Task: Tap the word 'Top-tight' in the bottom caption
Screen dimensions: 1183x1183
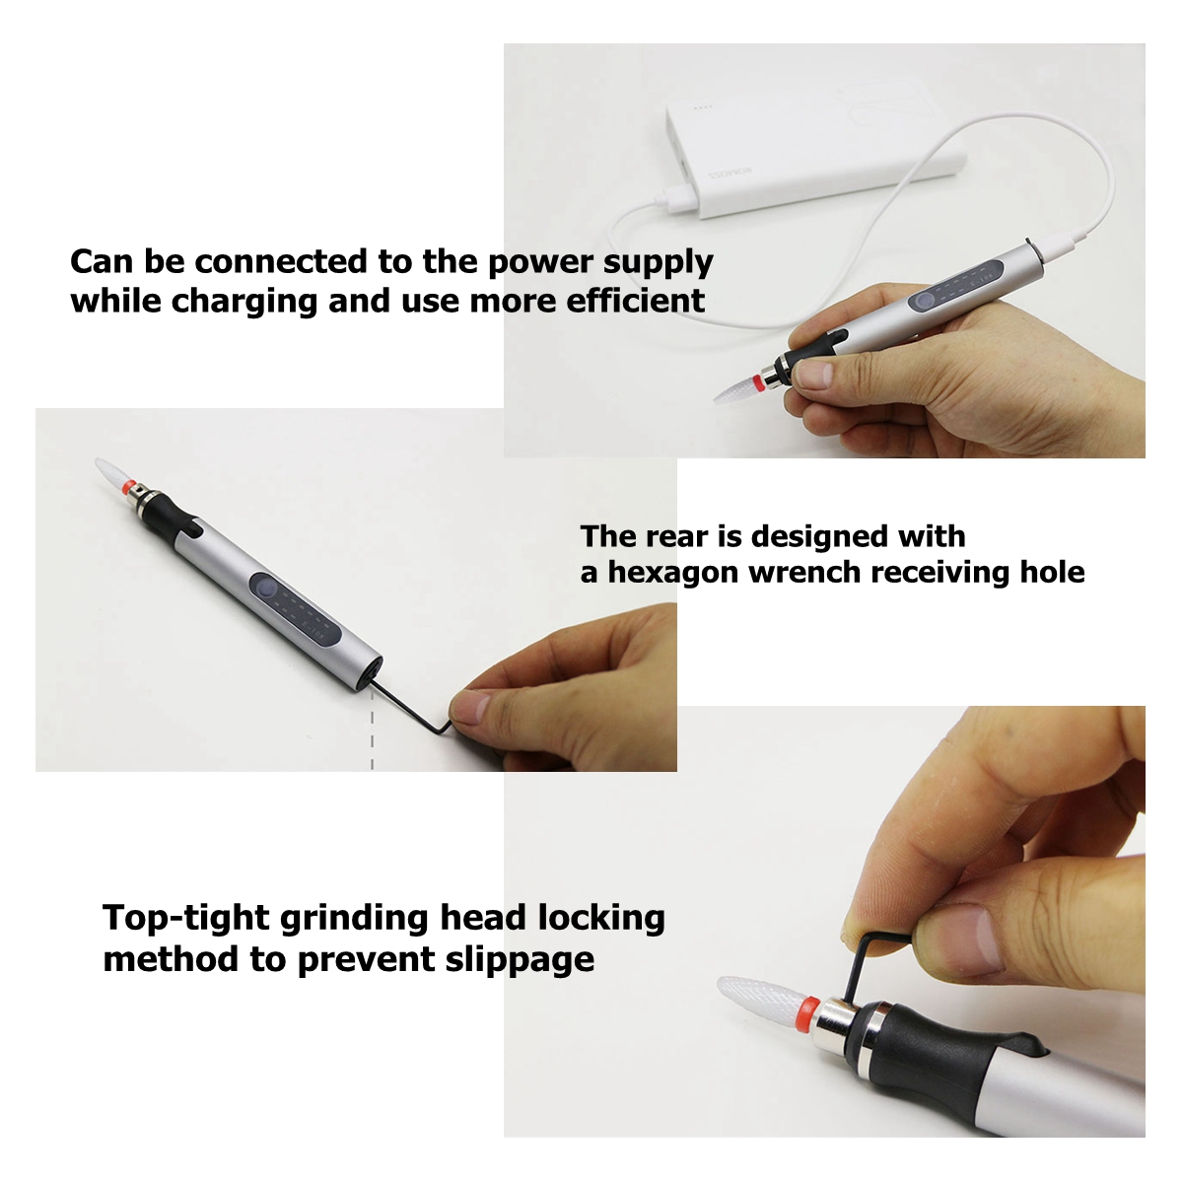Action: click(x=186, y=920)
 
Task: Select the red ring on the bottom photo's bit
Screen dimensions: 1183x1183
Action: click(x=808, y=1014)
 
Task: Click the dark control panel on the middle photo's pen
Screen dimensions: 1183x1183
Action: click(x=296, y=608)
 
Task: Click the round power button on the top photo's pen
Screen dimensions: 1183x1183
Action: click(x=921, y=302)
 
